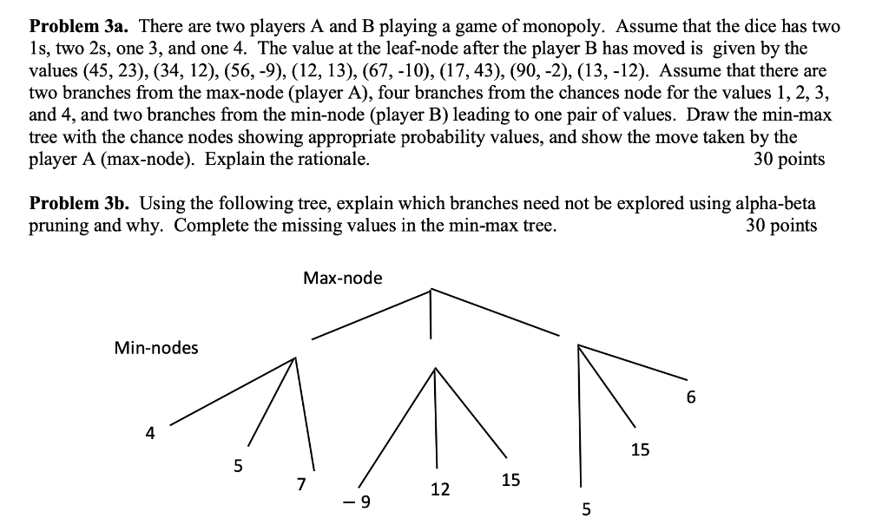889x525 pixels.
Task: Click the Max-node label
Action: pyautogui.click(x=342, y=279)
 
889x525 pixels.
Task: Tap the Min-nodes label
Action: pyautogui.click(x=156, y=348)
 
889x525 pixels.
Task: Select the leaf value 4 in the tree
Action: pyautogui.click(x=151, y=432)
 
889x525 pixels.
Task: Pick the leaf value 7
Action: pyautogui.click(x=301, y=484)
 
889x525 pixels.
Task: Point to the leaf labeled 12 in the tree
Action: pyautogui.click(x=440, y=489)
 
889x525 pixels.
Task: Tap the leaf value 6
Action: pyautogui.click(x=691, y=398)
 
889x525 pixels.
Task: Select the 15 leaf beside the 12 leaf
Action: pyautogui.click(x=511, y=479)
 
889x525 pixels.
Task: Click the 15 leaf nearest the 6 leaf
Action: pyautogui.click(x=640, y=450)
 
